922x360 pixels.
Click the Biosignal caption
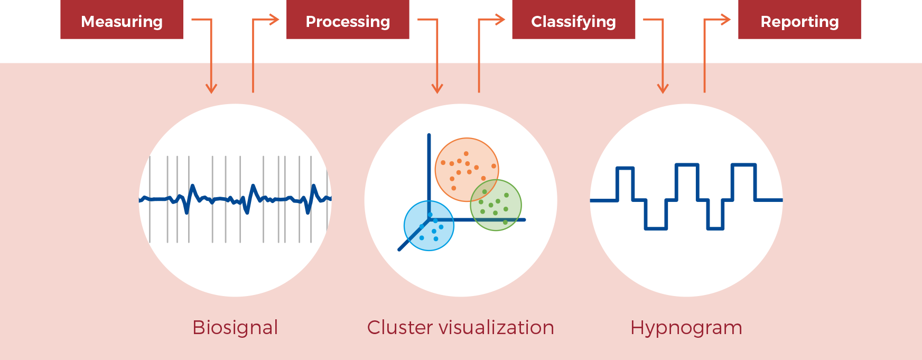235,327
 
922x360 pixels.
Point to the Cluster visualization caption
460,327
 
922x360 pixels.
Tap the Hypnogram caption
686,327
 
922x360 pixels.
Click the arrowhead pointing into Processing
274,20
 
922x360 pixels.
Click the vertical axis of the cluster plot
429,169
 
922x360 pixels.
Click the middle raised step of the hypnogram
687,166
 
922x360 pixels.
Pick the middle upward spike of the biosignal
254,186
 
